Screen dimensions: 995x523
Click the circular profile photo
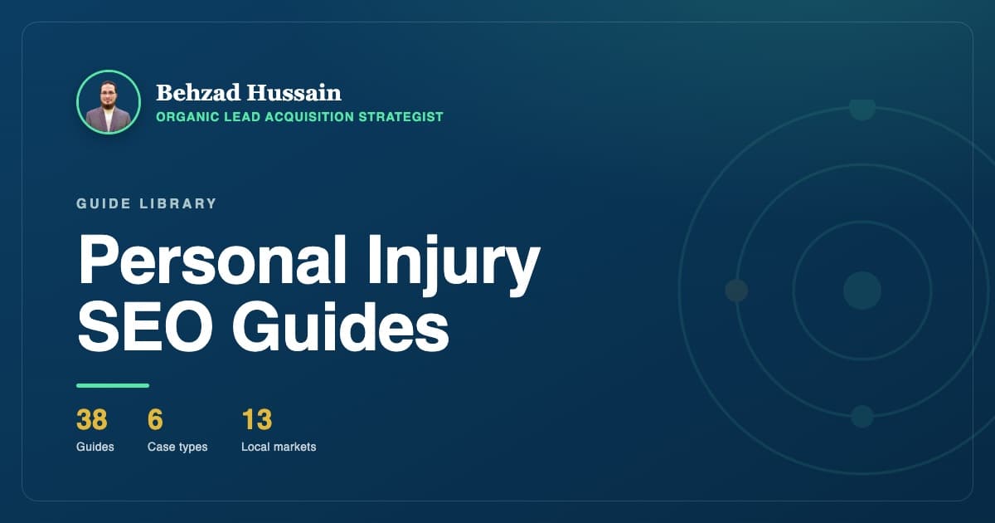[x=109, y=102]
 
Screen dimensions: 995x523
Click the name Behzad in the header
[x=198, y=93]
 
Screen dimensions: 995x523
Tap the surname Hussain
[x=294, y=93]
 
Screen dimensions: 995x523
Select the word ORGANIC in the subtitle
[x=187, y=117]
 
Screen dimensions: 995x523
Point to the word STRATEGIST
[x=400, y=117]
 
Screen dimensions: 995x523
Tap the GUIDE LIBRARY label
[x=146, y=203]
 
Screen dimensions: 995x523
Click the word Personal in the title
[x=212, y=259]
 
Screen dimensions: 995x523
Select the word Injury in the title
[x=453, y=266]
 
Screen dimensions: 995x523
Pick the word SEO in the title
[x=145, y=326]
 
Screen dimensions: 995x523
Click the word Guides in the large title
[x=340, y=326]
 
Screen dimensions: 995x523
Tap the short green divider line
[x=113, y=385]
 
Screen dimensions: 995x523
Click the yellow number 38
[x=91, y=419]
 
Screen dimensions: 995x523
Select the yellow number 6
[x=155, y=419]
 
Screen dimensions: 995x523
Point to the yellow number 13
[x=257, y=419]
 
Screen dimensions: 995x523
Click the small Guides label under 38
[x=95, y=447]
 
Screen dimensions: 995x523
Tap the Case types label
[x=177, y=447]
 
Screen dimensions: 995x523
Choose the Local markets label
[x=279, y=447]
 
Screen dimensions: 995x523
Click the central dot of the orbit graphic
[x=862, y=291]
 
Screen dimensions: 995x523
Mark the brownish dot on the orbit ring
[x=736, y=291]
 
